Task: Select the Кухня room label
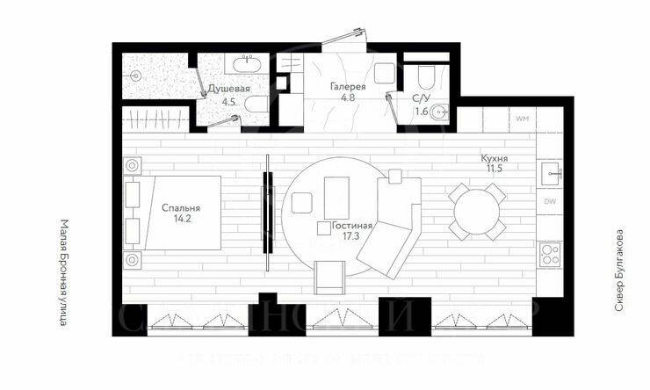tap(495, 158)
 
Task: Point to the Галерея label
tap(348, 86)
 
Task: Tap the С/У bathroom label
tap(422, 99)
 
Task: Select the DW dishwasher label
tap(549, 202)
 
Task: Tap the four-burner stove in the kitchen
tap(550, 254)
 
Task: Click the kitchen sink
tap(551, 173)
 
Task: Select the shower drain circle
tap(134, 76)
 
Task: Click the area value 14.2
tap(182, 220)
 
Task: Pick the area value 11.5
tap(495, 169)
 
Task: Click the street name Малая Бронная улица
tap(64, 271)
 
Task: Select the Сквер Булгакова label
tap(619, 272)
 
